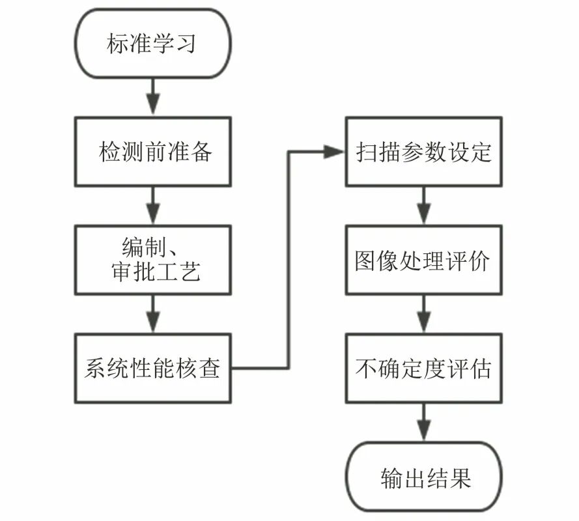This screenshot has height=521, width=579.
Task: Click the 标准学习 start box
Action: coord(152,44)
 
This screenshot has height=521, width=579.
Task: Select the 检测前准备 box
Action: coord(152,151)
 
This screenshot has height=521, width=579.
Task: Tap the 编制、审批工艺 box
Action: coord(152,260)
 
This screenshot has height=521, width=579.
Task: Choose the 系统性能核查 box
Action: coord(152,369)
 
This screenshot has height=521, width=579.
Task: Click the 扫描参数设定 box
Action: coord(423,151)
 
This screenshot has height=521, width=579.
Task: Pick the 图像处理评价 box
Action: coord(423,260)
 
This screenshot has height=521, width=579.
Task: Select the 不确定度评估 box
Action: coord(423,369)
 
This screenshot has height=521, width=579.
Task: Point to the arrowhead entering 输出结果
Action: coord(423,432)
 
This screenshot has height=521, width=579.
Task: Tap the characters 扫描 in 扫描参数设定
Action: coord(378,152)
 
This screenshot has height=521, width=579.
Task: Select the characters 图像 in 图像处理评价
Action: coord(378,260)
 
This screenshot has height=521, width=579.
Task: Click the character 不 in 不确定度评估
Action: coord(367,369)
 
